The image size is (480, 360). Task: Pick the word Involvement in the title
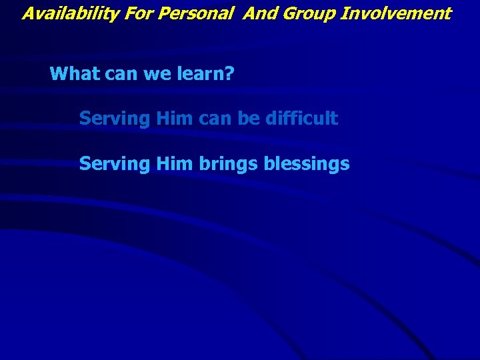click(396, 13)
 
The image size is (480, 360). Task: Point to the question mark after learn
click(229, 73)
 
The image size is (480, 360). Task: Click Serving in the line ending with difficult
click(115, 119)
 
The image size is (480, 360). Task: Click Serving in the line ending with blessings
click(115, 163)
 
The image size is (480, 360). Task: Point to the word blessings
click(307, 163)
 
